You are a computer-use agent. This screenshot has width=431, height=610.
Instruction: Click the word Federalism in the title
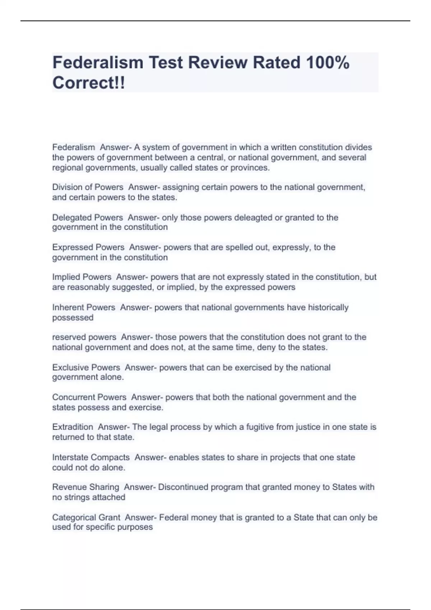tap(98, 62)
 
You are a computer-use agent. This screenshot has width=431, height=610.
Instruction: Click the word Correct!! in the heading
tap(89, 83)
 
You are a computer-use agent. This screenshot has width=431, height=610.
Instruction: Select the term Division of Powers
tap(88, 187)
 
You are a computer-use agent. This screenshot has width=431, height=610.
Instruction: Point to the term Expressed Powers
tap(88, 247)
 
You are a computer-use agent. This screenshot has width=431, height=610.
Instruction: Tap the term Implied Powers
tap(82, 277)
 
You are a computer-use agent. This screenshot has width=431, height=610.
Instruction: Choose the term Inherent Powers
tap(84, 308)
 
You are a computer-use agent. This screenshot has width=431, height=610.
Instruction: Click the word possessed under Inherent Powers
tap(73, 318)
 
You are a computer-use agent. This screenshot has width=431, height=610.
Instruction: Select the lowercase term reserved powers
tap(84, 337)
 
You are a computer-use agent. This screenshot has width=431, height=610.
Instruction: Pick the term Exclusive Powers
tap(86, 367)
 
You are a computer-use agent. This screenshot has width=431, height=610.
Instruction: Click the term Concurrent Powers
tap(89, 397)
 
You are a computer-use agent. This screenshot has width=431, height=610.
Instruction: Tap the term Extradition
tap(73, 427)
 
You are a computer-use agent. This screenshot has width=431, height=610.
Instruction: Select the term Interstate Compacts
tap(91, 457)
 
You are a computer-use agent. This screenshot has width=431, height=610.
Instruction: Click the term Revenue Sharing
tap(85, 487)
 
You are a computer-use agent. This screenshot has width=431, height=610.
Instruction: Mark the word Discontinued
tap(183, 487)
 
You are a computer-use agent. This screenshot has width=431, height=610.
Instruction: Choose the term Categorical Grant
tap(86, 517)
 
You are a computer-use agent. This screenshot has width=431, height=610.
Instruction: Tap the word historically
tap(328, 308)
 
